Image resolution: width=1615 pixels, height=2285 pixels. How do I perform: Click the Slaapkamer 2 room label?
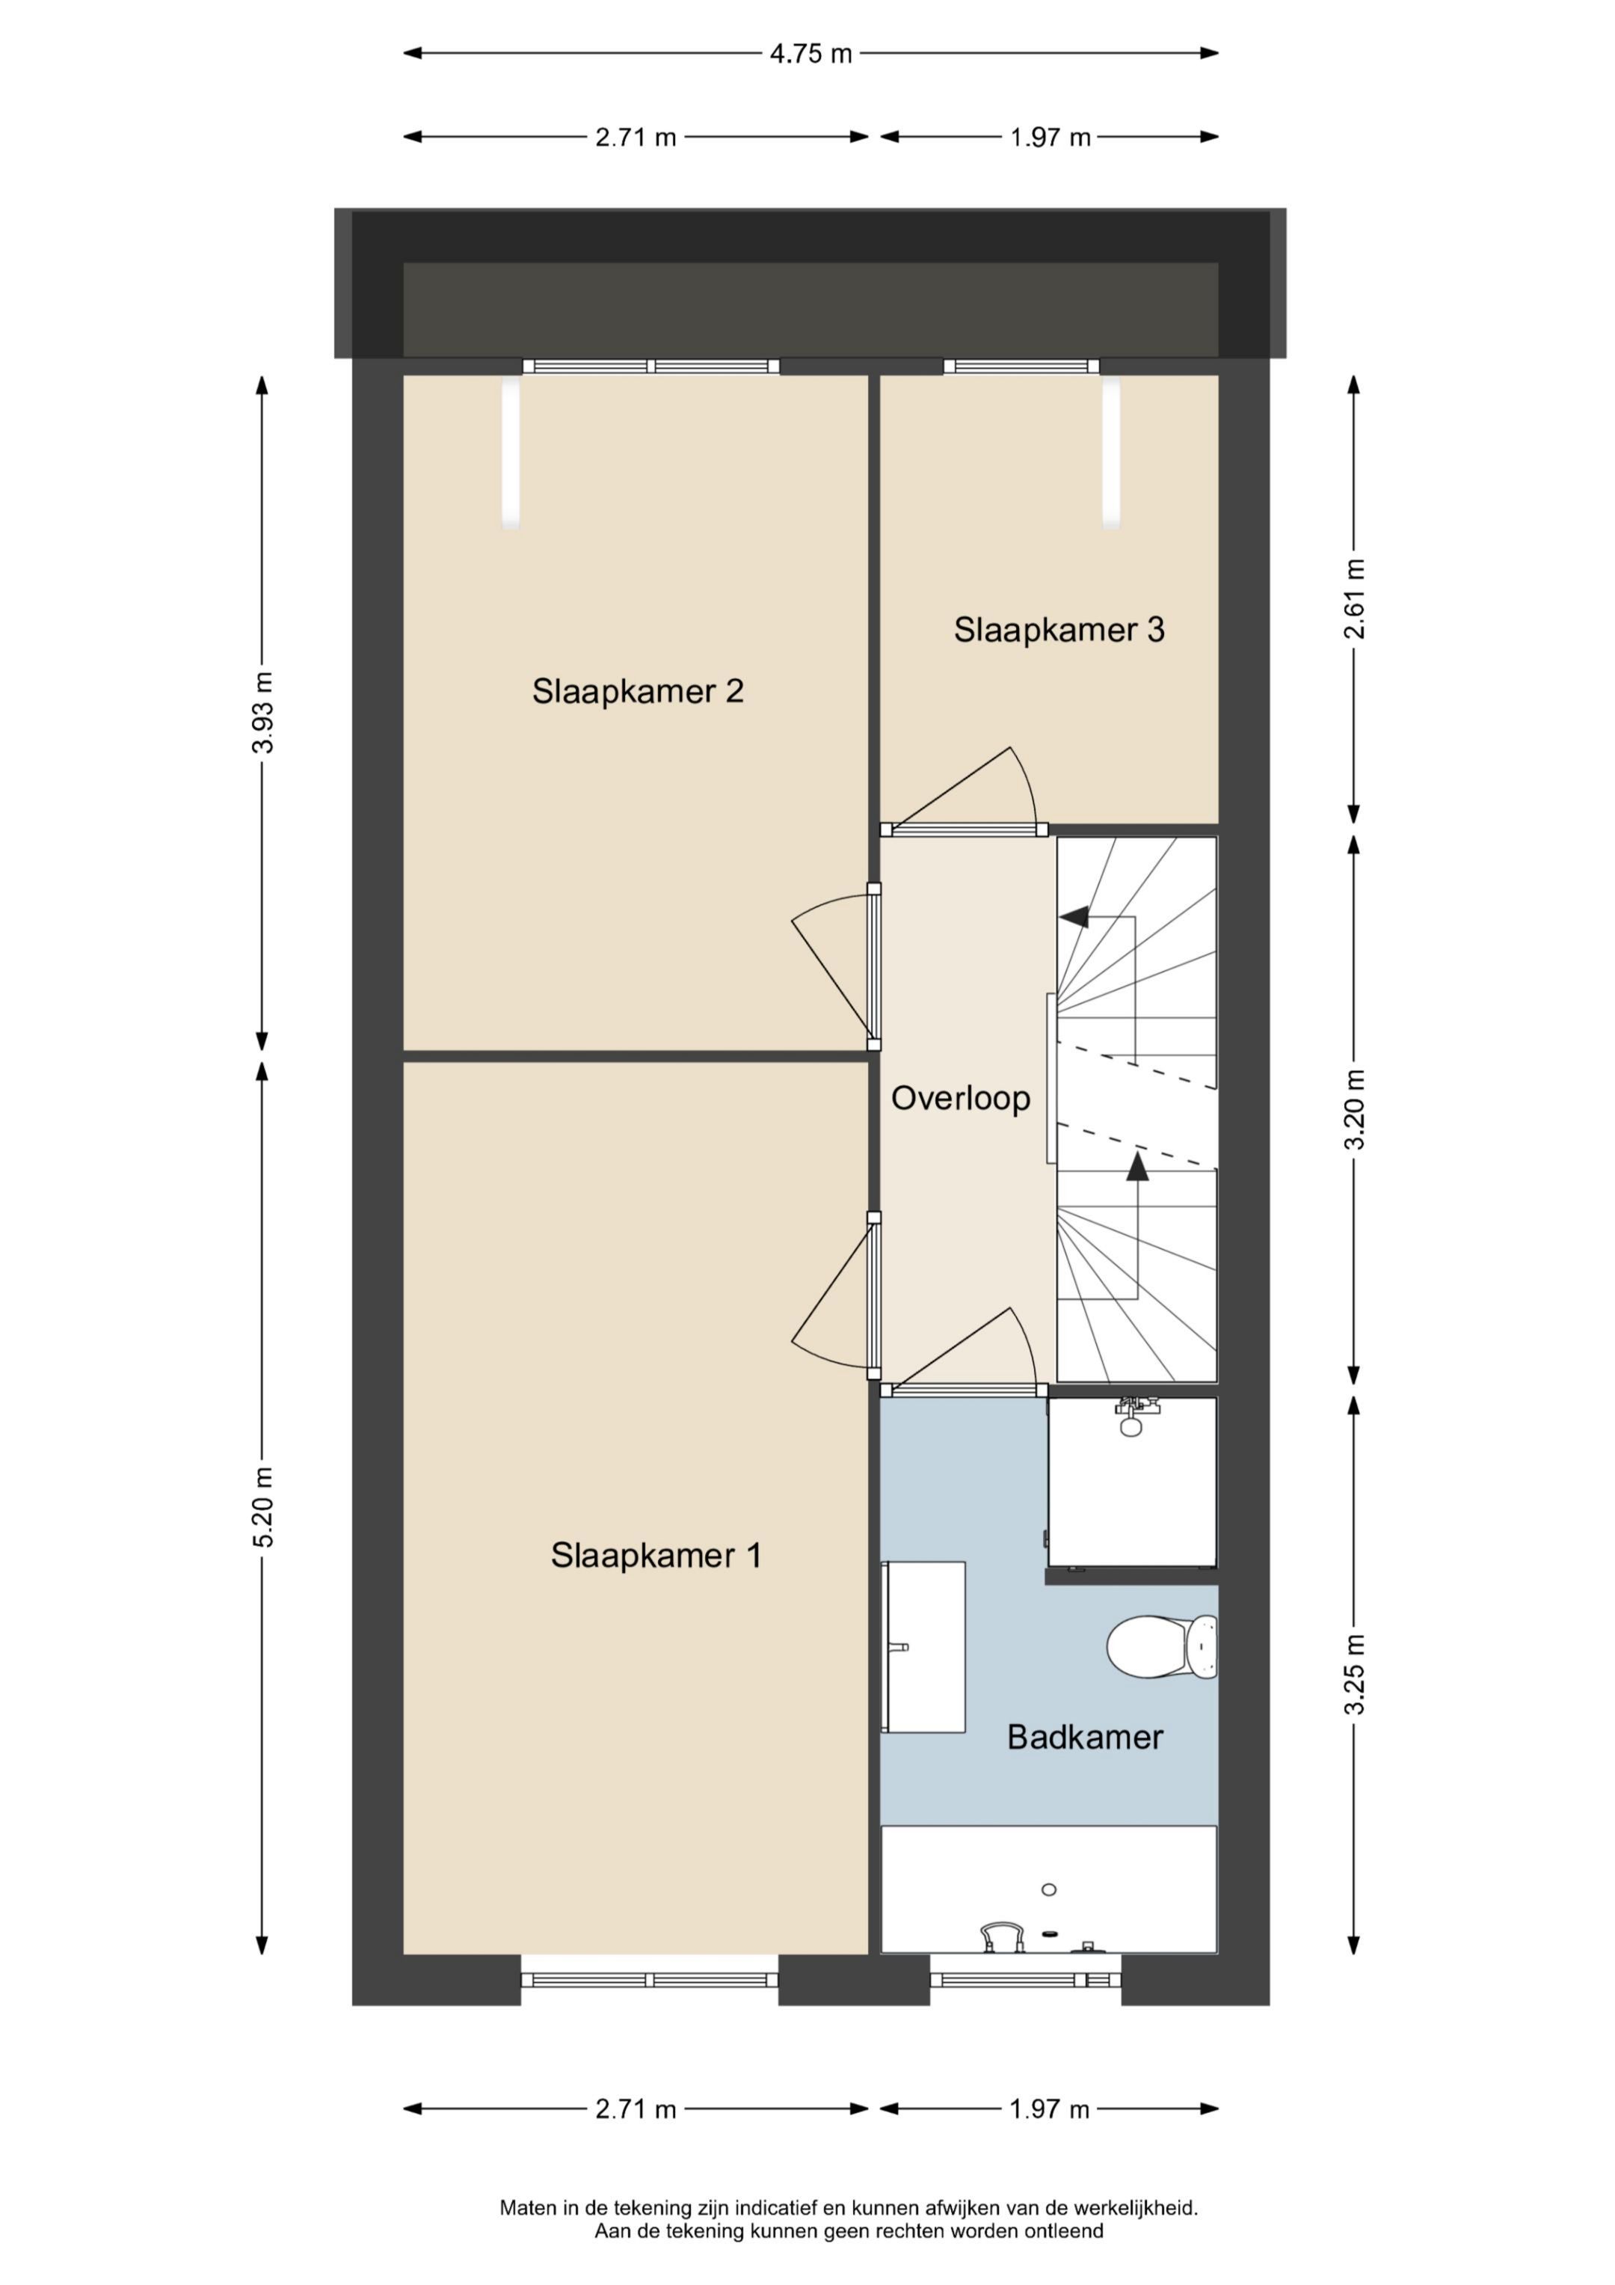coord(638,690)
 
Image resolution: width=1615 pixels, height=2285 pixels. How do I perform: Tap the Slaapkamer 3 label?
coord(1059,629)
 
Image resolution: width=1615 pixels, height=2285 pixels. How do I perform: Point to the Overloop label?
coord(960,1098)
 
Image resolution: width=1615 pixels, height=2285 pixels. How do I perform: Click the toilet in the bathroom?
coord(1159,1646)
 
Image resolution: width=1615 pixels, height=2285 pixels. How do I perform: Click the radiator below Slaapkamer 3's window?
coord(1110,453)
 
